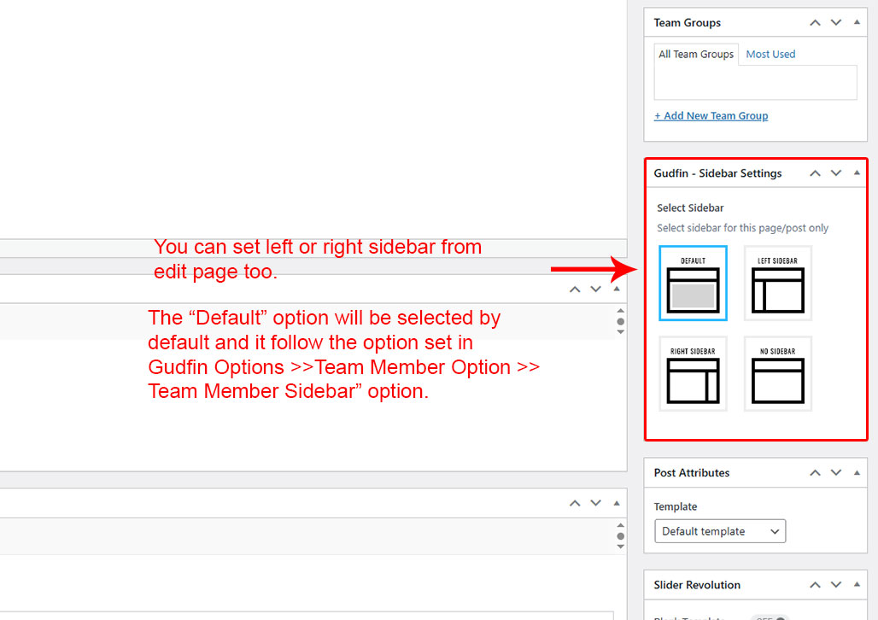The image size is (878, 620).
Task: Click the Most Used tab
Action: coord(770,55)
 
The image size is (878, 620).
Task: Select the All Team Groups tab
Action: coord(696,55)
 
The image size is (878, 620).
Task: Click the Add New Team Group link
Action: coord(711,116)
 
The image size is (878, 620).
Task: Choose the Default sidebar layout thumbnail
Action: coord(694,283)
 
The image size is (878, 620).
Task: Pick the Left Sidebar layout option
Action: coord(778,283)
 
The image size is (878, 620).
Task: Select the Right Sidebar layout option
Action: coord(694,373)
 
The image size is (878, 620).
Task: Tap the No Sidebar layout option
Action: coord(778,373)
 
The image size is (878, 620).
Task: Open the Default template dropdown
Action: coord(720,531)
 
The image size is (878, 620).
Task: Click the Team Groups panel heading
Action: coord(687,23)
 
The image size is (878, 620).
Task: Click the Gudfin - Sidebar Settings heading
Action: coord(717,173)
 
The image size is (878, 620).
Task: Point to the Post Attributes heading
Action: coord(692,473)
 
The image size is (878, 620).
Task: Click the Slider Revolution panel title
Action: coord(697,585)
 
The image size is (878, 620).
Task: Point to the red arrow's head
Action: coord(626,269)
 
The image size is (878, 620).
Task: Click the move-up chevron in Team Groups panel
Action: coord(816,23)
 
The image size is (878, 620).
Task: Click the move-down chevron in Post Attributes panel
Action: coord(836,473)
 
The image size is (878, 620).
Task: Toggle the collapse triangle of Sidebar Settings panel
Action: coord(857,173)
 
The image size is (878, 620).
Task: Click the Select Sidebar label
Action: coord(690,208)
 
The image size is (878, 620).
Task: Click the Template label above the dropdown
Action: coord(676,506)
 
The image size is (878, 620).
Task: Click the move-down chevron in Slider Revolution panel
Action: coord(836,585)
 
